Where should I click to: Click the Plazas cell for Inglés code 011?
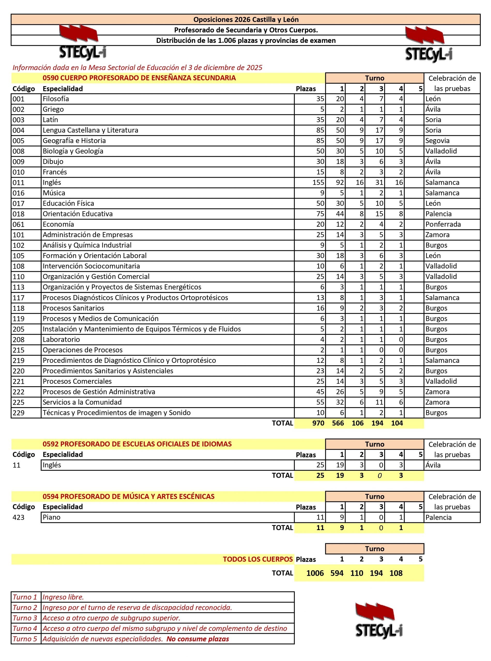tap(318, 182)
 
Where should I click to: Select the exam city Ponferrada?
tap(443, 224)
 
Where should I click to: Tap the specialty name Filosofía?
tap(56, 99)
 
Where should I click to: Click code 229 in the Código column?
tap(18, 413)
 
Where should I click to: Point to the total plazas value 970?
tap(318, 423)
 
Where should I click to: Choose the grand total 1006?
tap(315, 573)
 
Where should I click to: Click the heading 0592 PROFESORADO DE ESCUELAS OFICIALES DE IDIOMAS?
tap(137, 444)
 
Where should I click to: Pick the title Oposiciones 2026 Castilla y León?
tap(246, 20)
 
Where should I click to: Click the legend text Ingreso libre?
tap(63, 597)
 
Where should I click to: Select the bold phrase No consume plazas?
tap(197, 639)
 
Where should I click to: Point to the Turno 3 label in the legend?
tap(25, 618)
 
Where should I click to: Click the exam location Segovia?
tap(437, 140)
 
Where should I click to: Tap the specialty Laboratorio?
tap(61, 339)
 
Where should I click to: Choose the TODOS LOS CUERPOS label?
tap(258, 559)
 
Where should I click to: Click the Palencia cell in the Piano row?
tap(439, 517)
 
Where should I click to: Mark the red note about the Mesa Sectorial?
tap(137, 68)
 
